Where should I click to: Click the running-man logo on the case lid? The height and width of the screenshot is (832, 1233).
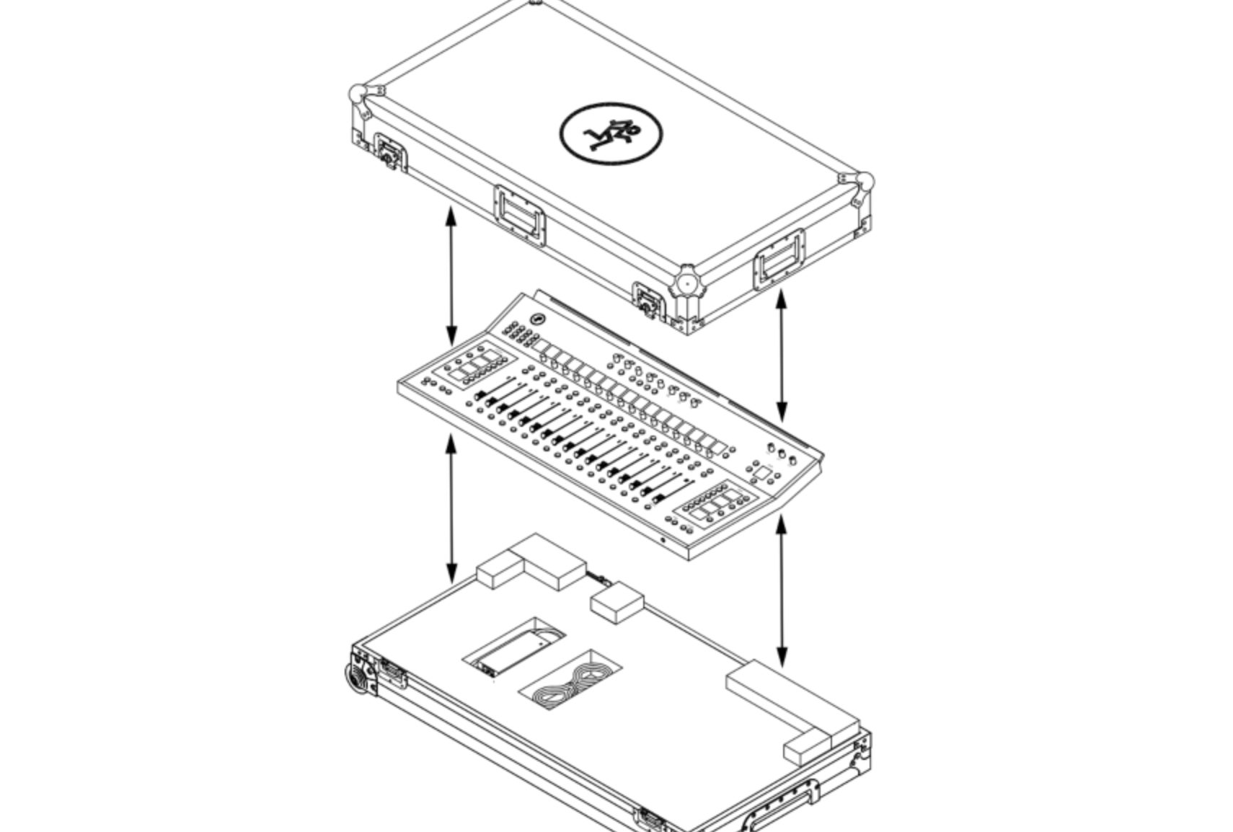(611, 133)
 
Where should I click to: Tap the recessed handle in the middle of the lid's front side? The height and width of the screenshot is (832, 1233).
(520, 215)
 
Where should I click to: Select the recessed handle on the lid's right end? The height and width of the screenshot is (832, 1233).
(779, 260)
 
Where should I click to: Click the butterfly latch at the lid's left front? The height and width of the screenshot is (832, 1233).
(390, 152)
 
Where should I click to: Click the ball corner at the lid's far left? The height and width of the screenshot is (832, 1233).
(358, 94)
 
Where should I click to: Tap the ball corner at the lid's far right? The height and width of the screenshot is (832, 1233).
(865, 182)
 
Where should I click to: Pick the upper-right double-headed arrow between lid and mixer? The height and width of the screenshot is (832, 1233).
(782, 355)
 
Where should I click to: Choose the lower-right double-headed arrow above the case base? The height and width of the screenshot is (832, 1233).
(782, 590)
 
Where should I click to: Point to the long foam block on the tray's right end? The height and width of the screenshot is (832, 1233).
(793, 703)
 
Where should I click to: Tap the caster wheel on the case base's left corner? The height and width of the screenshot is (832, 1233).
(356, 678)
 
